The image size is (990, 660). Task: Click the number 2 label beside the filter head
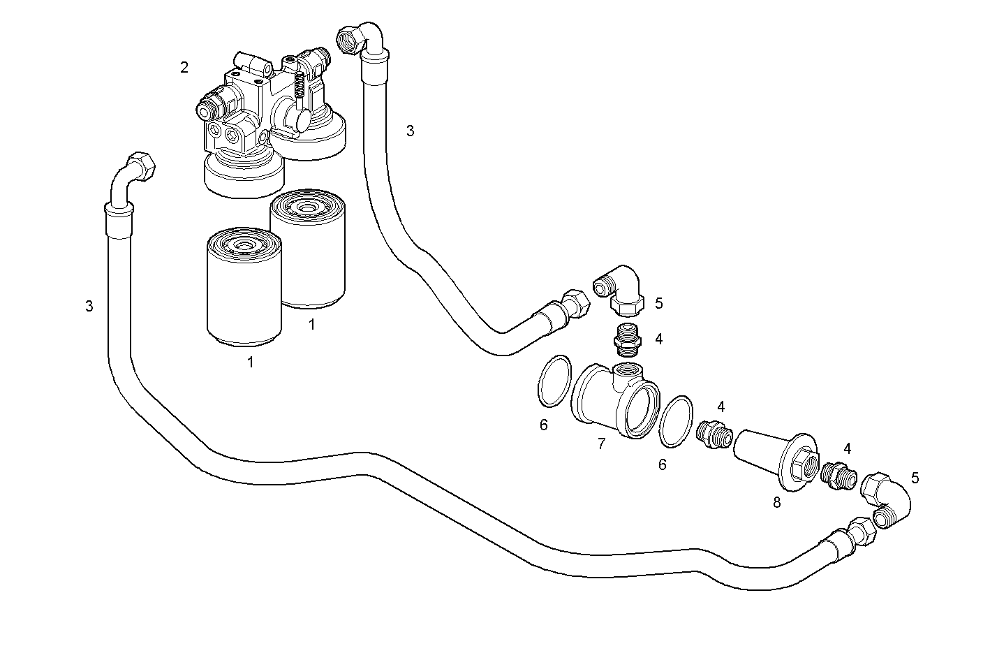[x=184, y=67]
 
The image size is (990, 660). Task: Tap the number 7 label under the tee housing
[x=601, y=443]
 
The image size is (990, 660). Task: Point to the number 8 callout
[x=776, y=502]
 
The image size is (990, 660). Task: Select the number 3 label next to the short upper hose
[x=410, y=131]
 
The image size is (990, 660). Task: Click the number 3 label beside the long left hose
[x=89, y=306]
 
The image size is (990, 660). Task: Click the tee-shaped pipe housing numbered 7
[x=613, y=402]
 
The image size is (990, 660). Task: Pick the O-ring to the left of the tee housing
[x=555, y=381]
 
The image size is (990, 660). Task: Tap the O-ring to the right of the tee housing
[x=676, y=420]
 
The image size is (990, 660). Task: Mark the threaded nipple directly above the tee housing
[x=626, y=336]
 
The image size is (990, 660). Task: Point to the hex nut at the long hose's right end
[x=862, y=531]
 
